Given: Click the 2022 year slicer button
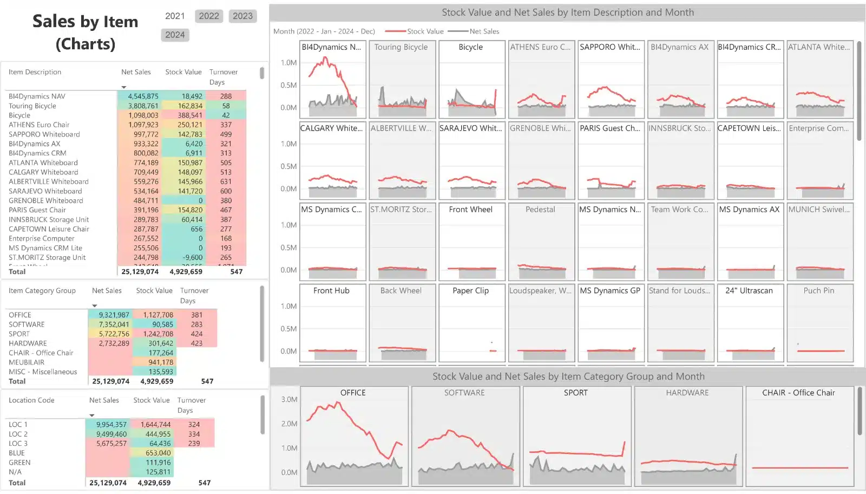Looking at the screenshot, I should [209, 16].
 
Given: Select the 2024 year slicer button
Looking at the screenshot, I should [175, 35].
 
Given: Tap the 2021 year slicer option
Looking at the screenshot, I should [175, 16].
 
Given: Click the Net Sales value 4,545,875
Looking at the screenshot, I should [143, 96].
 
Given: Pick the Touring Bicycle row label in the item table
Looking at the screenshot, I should [32, 106].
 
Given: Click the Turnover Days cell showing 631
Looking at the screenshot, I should [226, 182].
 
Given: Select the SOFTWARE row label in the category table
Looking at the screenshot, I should [27, 324].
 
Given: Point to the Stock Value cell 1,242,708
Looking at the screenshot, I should [158, 334].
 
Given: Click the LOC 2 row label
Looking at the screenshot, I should [18, 434].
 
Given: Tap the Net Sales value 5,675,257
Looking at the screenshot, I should [111, 444].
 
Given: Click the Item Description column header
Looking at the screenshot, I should [35, 72].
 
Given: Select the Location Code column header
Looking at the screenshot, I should [31, 400].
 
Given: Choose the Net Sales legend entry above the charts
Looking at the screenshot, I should [484, 31].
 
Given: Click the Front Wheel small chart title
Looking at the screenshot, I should [470, 210].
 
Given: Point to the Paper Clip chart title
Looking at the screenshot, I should [470, 291].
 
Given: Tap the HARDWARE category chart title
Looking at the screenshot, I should [687, 393].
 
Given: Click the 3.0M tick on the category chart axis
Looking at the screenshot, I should [289, 400].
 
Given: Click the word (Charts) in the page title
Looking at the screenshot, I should [86, 44].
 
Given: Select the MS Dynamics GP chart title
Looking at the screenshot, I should [610, 291].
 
